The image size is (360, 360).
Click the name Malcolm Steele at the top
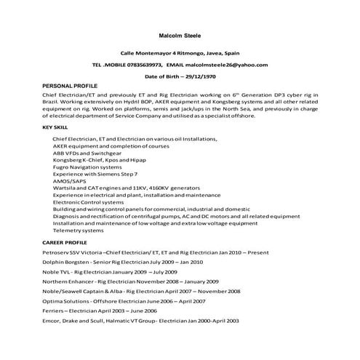(x=180, y=34)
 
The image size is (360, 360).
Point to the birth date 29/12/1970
(x=196, y=76)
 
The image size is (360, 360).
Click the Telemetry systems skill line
(x=79, y=229)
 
